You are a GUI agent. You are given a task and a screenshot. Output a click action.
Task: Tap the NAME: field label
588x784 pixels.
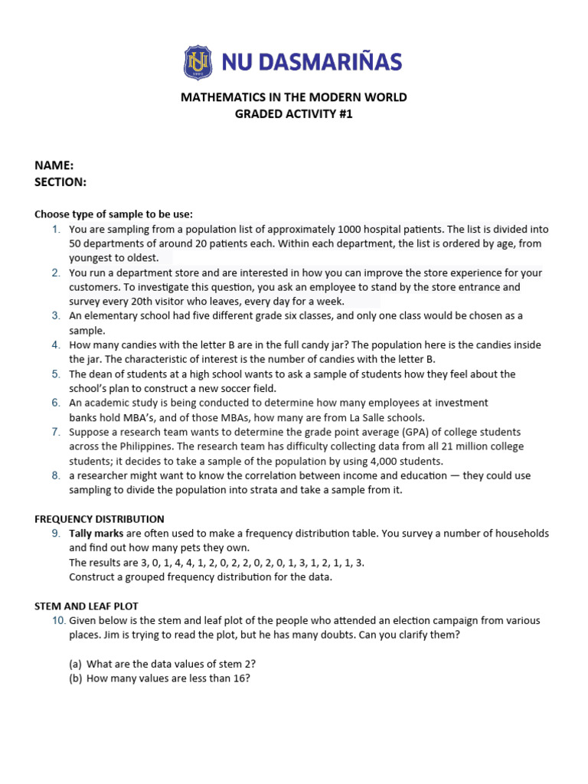click(54, 165)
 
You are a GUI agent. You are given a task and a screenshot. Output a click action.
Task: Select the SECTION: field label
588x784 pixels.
click(60, 181)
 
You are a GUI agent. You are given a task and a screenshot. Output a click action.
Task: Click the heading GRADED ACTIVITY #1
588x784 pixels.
click(294, 114)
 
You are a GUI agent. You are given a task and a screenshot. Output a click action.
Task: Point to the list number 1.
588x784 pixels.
click(55, 230)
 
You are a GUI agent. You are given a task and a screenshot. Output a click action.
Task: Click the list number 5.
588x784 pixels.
click(55, 374)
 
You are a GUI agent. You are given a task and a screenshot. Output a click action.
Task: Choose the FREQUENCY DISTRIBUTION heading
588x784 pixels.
click(100, 519)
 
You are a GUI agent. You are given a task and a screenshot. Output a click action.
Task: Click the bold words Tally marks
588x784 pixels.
click(96, 534)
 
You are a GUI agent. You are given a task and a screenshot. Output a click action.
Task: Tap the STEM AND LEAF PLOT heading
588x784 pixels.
click(87, 606)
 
